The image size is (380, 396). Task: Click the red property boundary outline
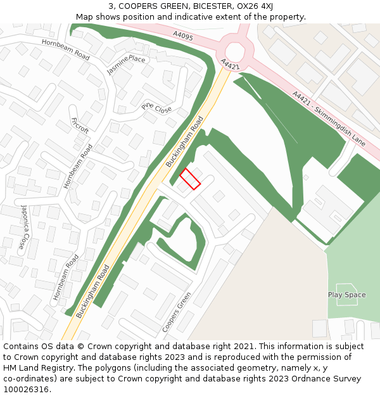point(190,179)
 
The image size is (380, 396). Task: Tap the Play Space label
point(346,295)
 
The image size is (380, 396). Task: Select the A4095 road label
point(182,37)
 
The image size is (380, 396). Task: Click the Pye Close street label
point(156,108)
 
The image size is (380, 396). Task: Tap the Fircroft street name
point(80,125)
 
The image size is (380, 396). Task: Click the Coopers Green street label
point(177,312)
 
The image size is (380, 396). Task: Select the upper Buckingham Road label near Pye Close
point(184,141)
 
